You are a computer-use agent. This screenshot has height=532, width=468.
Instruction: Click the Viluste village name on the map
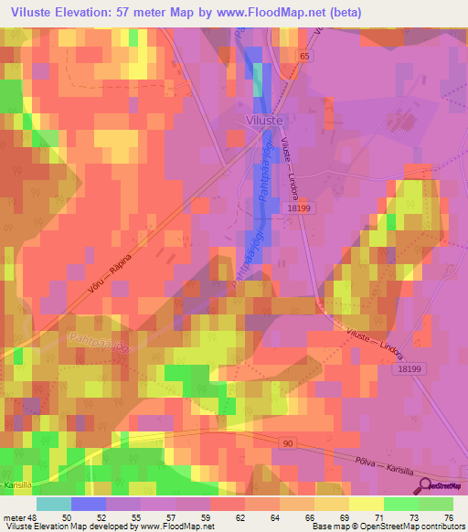click(x=265, y=119)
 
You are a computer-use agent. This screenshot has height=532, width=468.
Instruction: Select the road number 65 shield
click(x=303, y=56)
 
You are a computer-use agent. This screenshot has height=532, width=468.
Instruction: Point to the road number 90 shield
click(x=287, y=442)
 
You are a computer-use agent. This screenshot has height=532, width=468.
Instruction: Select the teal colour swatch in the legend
click(x=54, y=504)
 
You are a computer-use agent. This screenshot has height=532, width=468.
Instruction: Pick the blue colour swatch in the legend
click(x=89, y=504)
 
